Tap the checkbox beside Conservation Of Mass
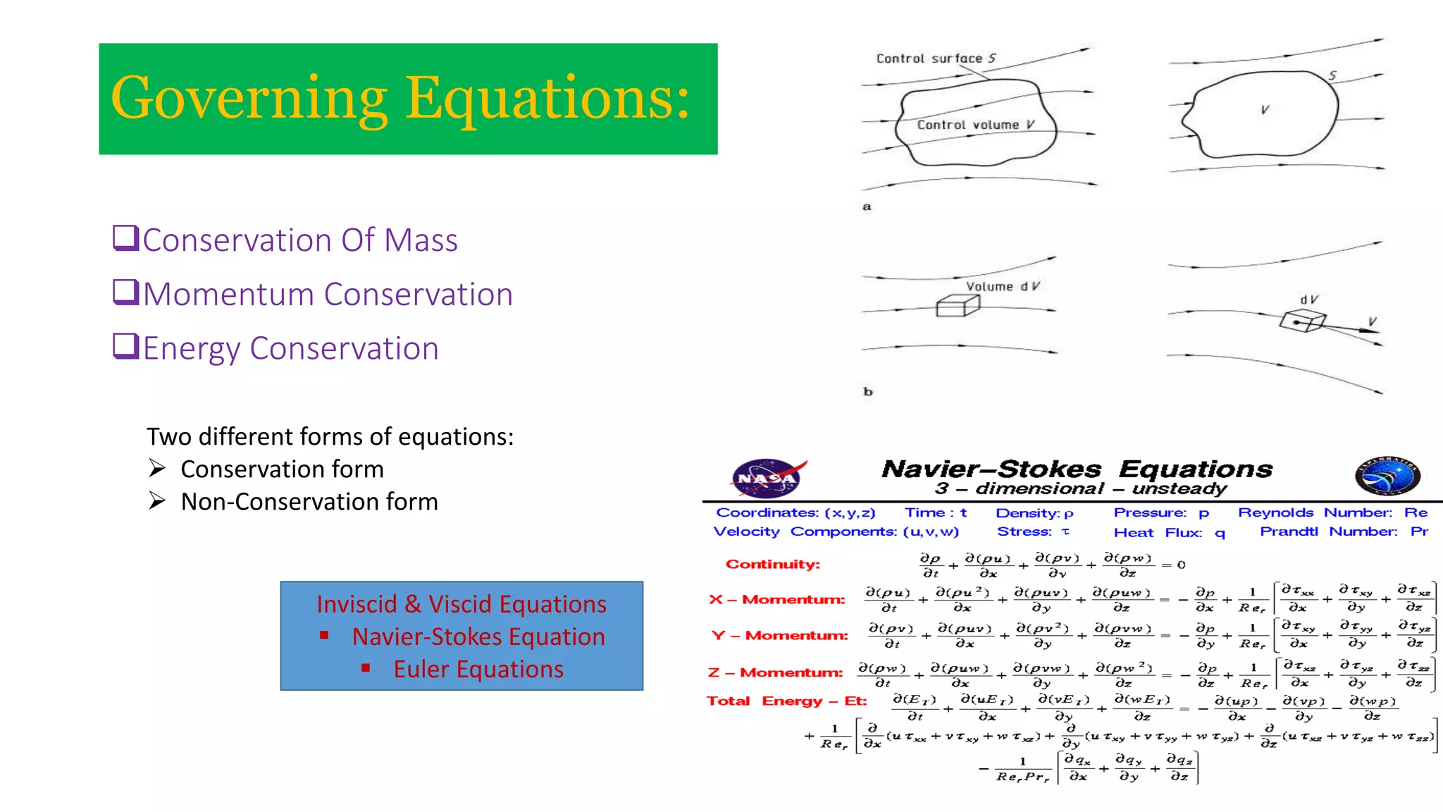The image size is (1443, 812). pos(126,238)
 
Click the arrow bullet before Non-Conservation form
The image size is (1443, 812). pos(157,500)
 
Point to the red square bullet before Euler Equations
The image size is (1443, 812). pos(366,668)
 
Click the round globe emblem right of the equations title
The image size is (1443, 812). pos(1387,476)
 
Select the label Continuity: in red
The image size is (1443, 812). pos(773,564)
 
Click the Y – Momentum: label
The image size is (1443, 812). pos(779,635)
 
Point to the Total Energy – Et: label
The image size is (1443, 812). pos(786,701)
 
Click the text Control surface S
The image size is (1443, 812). pos(935,59)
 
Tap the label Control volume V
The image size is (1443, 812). pos(975,125)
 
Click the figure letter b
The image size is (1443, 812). pos(868,391)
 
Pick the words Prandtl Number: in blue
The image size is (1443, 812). pos(1327,531)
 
